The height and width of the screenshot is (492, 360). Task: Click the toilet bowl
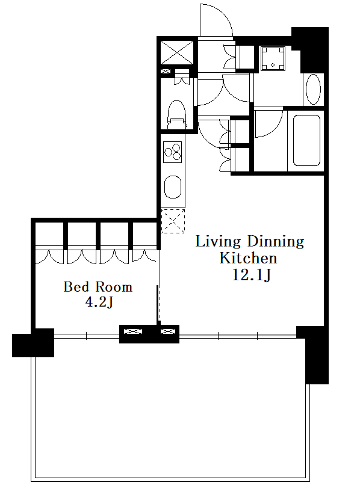(176, 114)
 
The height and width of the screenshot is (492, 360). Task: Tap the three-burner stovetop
(172, 152)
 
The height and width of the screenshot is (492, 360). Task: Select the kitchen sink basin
(173, 187)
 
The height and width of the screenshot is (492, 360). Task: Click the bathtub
(306, 140)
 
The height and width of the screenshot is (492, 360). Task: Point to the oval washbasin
(313, 90)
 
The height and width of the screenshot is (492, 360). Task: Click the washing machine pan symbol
(273, 59)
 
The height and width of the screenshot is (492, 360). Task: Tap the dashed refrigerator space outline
(173, 221)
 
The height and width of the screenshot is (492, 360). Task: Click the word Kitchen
(248, 258)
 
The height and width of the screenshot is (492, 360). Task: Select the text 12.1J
(251, 275)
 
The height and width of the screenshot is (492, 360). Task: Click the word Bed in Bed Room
(76, 287)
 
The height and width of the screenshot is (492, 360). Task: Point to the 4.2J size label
(99, 302)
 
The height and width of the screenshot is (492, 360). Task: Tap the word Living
(218, 242)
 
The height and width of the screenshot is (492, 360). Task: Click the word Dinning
(276, 241)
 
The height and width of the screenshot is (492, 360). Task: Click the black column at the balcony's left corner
(33, 343)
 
